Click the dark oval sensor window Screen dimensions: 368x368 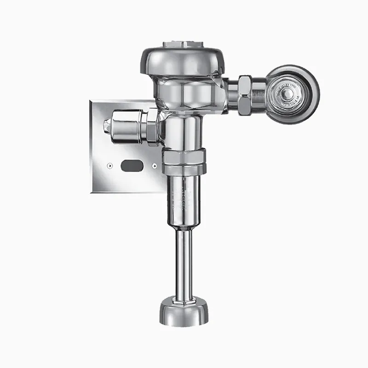pyautogui.click(x=131, y=165)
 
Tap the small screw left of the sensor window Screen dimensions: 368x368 pyautogui.click(x=110, y=165)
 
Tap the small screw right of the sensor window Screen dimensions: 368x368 pyautogui.click(x=155, y=165)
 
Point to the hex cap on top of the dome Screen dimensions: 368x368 pyautogui.click(x=183, y=46)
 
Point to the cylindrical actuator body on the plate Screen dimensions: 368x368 pyautogui.click(x=126, y=128)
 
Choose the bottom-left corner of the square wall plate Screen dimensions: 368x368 pyautogui.click(x=92, y=192)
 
